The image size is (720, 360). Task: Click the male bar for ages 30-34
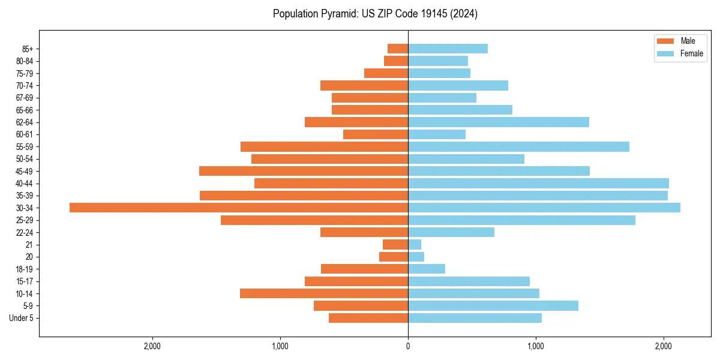[239, 208]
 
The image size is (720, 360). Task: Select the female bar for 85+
[448, 49]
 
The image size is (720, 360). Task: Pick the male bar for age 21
[395, 244]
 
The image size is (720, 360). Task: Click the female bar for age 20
[416, 257]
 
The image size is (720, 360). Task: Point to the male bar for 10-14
[324, 293]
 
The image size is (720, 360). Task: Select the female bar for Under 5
[475, 318]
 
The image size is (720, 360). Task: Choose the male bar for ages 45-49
[304, 171]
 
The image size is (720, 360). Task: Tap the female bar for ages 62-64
[498, 122]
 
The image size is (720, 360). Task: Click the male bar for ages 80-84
[396, 61]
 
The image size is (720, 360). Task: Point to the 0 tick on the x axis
[408, 346]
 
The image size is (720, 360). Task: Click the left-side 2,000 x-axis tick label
[152, 346]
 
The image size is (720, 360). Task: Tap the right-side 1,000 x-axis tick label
[535, 346]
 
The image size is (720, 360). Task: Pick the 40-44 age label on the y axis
[23, 183]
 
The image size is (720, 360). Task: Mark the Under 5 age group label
[21, 318]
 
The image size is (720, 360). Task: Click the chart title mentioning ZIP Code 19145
[375, 14]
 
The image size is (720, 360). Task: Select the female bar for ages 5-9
[493, 305]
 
